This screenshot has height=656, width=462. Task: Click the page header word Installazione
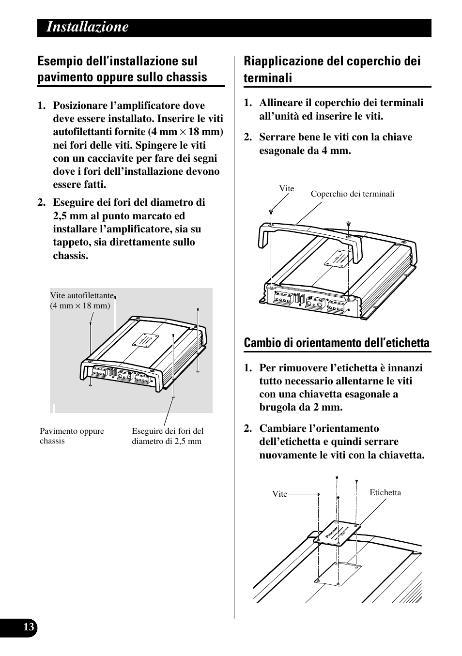tap(88, 28)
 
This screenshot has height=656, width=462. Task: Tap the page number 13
tap(29, 627)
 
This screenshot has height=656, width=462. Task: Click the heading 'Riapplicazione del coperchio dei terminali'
tap(332, 69)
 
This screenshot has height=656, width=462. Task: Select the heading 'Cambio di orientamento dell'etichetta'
tap(337, 343)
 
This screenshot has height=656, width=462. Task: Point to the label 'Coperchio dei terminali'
tap(352, 194)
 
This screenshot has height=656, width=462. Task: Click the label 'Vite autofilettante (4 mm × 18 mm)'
tap(81, 301)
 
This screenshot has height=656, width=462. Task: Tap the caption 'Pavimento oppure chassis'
tap(72, 436)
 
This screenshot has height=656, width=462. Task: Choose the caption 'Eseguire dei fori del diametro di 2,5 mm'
tap(168, 436)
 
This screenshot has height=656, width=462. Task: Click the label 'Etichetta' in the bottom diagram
tap(385, 493)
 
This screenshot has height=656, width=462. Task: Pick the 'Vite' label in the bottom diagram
tap(279, 494)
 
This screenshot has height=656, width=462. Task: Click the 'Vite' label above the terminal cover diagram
tap(286, 189)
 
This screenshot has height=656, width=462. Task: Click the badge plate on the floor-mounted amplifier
tap(146, 341)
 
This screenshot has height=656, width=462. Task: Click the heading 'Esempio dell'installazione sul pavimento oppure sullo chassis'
tap(122, 69)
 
